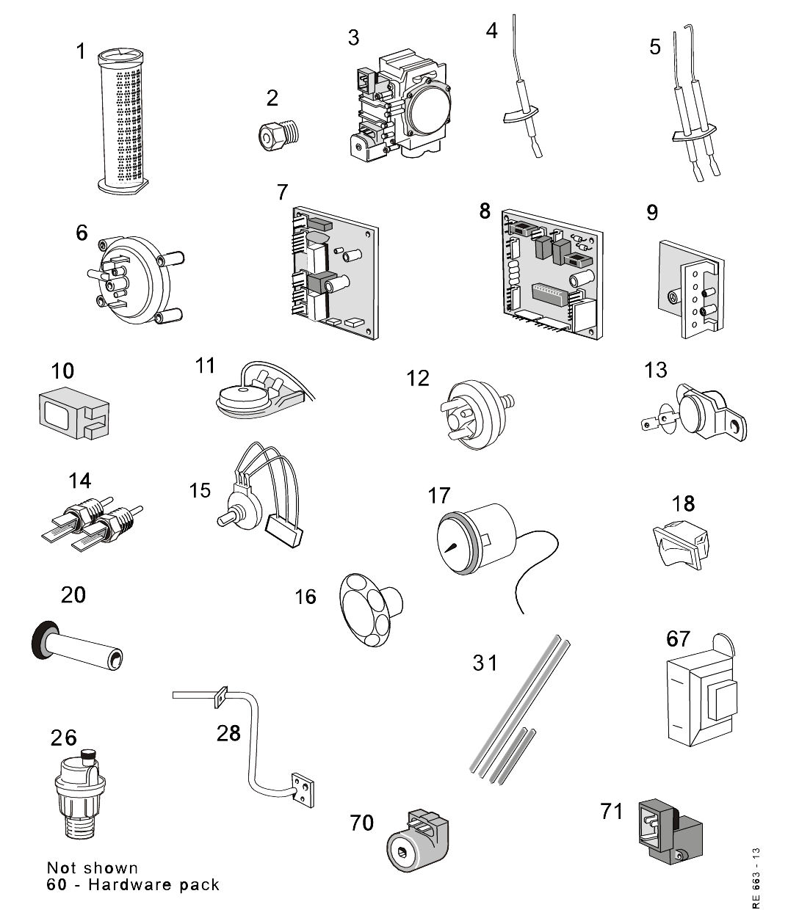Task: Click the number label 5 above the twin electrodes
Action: point(655,48)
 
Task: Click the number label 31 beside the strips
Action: point(485,663)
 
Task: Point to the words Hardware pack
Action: point(153,884)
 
